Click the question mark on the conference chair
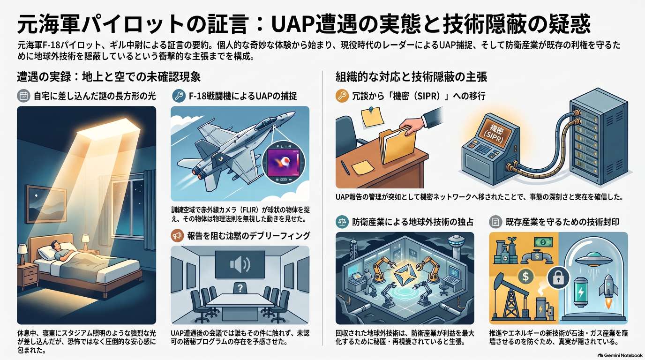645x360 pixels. coord(240,288)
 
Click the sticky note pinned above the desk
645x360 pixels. coord(372,117)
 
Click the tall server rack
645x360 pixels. coord(600,136)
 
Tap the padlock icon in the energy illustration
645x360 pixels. coord(558,278)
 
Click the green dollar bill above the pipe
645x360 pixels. coord(543,242)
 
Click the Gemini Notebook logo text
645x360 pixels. coord(622,355)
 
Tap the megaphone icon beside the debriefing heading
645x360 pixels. coord(177,236)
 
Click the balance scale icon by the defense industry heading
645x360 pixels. coord(342,222)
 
